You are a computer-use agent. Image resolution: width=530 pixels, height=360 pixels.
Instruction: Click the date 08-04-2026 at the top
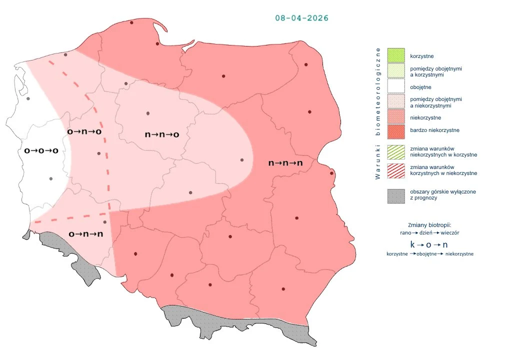[x=301, y=18]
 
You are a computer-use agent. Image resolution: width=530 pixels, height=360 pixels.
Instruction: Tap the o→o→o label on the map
[x=41, y=150]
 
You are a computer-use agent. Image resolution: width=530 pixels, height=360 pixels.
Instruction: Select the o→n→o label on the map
[x=84, y=131]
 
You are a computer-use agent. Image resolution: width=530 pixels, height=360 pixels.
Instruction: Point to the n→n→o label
[x=162, y=134]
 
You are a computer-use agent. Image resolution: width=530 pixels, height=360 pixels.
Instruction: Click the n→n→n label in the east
[x=286, y=163]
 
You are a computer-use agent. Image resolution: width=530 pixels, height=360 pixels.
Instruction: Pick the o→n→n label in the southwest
[x=86, y=233]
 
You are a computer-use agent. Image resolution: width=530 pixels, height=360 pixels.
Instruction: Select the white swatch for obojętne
[x=396, y=85]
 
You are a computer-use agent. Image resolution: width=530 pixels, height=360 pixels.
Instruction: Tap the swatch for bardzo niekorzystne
[x=396, y=130]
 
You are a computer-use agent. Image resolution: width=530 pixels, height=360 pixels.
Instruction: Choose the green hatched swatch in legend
[x=396, y=151]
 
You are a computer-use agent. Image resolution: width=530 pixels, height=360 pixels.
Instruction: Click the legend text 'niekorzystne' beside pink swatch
[x=425, y=117]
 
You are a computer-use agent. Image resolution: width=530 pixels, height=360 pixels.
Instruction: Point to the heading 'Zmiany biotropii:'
[x=429, y=225]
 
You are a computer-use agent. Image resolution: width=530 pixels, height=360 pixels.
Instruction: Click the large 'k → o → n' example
[x=429, y=244]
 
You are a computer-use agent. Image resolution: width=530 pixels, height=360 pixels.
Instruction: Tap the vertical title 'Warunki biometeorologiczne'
[x=378, y=113]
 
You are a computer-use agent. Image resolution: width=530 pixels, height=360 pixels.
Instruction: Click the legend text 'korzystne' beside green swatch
[x=421, y=56]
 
